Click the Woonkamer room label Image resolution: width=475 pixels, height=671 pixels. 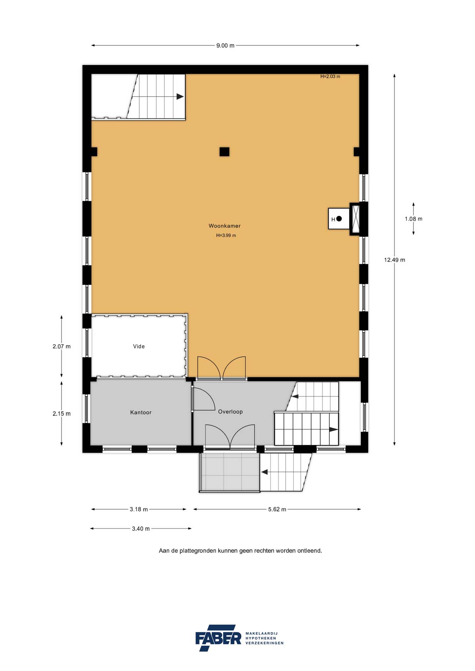[x=225, y=226]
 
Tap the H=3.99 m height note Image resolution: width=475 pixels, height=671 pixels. [x=226, y=236]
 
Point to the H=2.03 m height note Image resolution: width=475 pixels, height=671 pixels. [x=330, y=77]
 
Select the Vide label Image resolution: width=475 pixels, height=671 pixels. [x=139, y=346]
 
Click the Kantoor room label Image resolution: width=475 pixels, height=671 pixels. [x=141, y=412]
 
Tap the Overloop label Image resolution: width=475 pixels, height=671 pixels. [x=230, y=412]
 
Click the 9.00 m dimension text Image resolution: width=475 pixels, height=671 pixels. [x=225, y=45]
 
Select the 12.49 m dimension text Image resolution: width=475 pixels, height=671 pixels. [x=395, y=260]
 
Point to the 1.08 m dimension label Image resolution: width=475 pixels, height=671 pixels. [x=413, y=219]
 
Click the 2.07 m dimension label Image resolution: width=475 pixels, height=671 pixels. [x=62, y=346]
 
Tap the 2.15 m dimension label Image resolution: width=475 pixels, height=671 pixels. [x=62, y=413]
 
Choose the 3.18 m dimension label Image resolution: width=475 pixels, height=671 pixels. [x=139, y=509]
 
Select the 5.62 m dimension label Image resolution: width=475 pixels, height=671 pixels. [x=277, y=509]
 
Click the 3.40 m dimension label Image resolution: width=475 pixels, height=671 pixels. [x=141, y=529]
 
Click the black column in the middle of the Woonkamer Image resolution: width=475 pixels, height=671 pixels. [x=225, y=152]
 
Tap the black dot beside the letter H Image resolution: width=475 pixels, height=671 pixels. [x=339, y=219]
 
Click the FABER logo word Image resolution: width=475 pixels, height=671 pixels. [x=218, y=638]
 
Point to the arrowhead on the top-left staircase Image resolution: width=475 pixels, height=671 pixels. [x=180, y=97]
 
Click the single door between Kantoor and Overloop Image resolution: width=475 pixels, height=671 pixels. [x=203, y=399]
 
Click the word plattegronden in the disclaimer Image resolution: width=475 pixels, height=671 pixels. [x=198, y=551]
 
